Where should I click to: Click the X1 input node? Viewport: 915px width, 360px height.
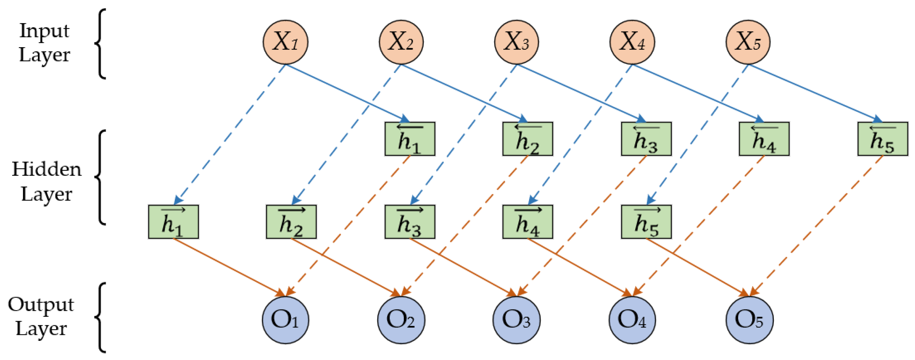tap(285, 42)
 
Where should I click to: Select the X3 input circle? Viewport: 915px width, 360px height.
tap(517, 42)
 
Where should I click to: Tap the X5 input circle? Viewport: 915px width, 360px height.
tap(748, 42)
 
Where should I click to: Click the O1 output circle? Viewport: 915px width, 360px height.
tap(285, 320)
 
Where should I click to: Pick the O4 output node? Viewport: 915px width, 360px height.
tap(632, 320)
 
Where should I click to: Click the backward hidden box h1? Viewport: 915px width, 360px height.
tap(410, 139)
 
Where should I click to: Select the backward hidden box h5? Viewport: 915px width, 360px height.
tap(882, 139)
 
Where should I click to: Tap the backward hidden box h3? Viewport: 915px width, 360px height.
tap(646, 139)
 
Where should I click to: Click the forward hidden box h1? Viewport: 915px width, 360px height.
tap(174, 222)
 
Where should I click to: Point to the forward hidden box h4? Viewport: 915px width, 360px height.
tap(527, 222)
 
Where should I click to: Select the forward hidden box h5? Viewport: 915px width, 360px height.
tap(646, 222)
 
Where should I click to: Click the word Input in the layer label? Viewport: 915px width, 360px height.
tap(44, 31)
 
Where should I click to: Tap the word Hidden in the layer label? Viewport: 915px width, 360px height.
tap(47, 169)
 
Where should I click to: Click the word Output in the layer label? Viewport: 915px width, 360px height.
tap(41, 305)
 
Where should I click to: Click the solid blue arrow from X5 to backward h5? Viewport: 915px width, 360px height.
tap(813, 92)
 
